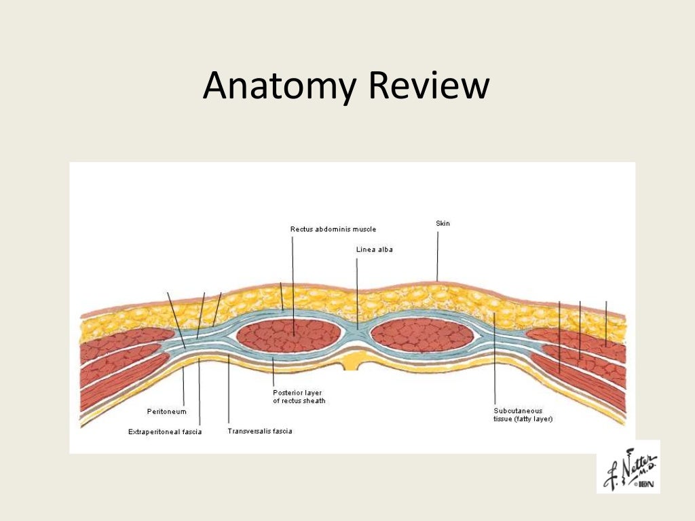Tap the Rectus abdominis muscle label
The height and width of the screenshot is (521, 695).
click(333, 229)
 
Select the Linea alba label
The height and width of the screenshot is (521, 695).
click(374, 250)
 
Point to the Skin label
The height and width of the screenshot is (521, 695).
click(443, 223)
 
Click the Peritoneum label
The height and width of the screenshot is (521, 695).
click(166, 411)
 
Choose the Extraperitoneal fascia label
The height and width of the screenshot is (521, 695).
click(165, 431)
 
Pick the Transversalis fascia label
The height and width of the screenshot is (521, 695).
click(259, 431)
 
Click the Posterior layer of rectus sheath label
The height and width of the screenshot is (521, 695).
click(299, 396)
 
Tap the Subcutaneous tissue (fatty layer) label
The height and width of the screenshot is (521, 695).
click(523, 414)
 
